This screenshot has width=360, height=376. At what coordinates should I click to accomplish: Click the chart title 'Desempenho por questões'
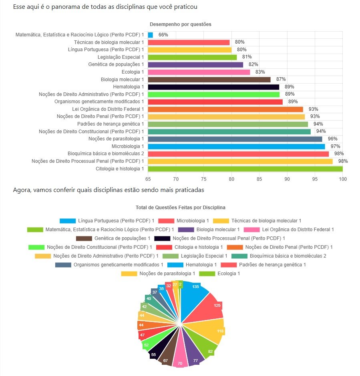click(x=180, y=24)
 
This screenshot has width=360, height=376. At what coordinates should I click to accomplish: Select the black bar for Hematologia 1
click(x=213, y=87)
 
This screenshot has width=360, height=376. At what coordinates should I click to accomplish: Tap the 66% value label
click(x=163, y=35)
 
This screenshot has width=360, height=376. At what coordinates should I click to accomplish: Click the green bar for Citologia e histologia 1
click(x=245, y=169)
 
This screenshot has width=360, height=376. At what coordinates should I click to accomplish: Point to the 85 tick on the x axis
click(x=259, y=178)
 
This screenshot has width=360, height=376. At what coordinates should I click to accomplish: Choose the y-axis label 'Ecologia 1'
click(x=133, y=72)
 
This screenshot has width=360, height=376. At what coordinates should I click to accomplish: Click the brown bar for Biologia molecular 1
click(x=209, y=80)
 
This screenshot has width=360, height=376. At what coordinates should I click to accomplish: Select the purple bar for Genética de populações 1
click(x=195, y=64)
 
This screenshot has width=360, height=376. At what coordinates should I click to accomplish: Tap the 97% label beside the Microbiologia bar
click(x=335, y=146)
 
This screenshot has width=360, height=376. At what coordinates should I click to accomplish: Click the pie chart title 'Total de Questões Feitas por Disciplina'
click(x=180, y=208)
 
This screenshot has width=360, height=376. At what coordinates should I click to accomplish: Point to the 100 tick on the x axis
click(x=342, y=178)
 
